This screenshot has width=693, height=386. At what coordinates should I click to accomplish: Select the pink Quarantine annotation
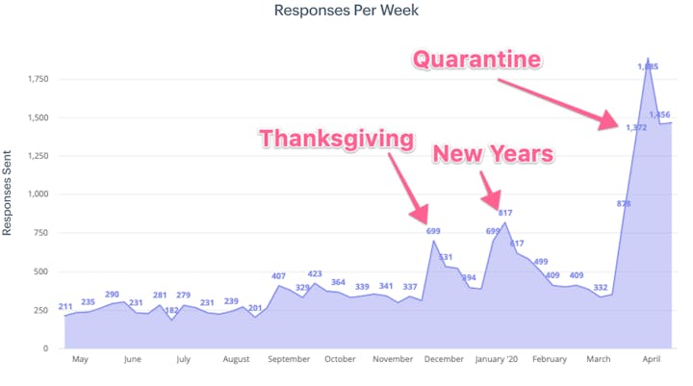pos(476,61)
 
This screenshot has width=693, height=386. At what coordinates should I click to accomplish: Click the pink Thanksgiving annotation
pos(336,139)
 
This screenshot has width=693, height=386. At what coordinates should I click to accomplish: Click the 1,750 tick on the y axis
pos(38,78)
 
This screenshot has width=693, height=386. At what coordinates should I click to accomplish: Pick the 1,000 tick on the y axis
pos(38,193)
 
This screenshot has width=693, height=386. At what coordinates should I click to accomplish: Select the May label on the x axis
pos(79,360)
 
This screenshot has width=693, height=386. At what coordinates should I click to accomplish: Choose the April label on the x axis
pos(653,360)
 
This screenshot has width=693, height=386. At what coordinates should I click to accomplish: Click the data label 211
pos(65,308)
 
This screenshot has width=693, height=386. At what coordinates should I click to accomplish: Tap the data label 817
pos(506,213)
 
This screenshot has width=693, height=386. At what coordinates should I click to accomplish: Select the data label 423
pos(316,274)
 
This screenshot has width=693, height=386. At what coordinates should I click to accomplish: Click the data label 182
pos(172,310)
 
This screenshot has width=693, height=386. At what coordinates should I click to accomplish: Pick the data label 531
pos(446,257)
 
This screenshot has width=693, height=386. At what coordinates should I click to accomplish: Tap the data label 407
pos(279,277)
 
